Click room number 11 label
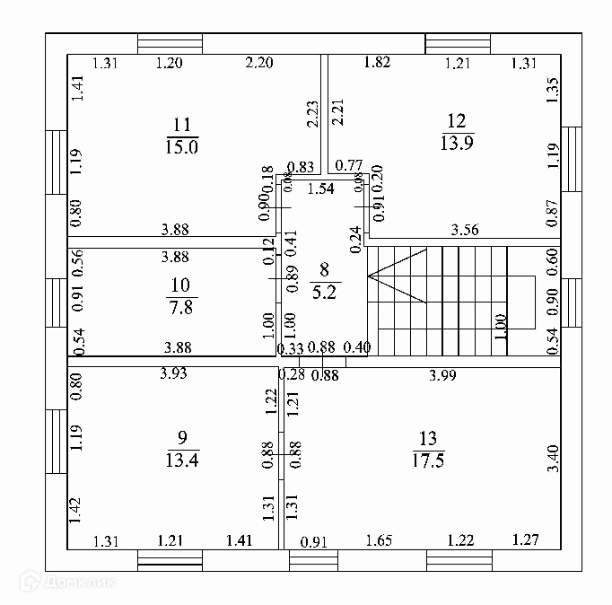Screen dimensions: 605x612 pyautogui.click(x=182, y=124)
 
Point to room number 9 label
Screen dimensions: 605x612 pyautogui.click(x=182, y=438)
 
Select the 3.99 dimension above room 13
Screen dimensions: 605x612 pyautogui.click(x=442, y=376)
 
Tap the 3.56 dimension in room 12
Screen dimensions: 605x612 pyautogui.click(x=464, y=230)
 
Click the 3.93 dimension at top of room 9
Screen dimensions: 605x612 pyautogui.click(x=173, y=373)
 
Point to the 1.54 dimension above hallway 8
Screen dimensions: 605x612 pyautogui.click(x=320, y=189)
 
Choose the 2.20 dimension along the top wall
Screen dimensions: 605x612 pyautogui.click(x=260, y=63)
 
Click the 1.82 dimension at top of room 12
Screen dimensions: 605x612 pyautogui.click(x=377, y=63)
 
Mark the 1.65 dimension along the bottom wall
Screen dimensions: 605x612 pyautogui.click(x=379, y=540)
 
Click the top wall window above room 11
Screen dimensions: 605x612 pyautogui.click(x=170, y=44)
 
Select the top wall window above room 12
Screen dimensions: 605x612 pyautogui.click(x=458, y=44)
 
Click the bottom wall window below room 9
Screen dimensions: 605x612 pyautogui.click(x=170, y=560)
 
